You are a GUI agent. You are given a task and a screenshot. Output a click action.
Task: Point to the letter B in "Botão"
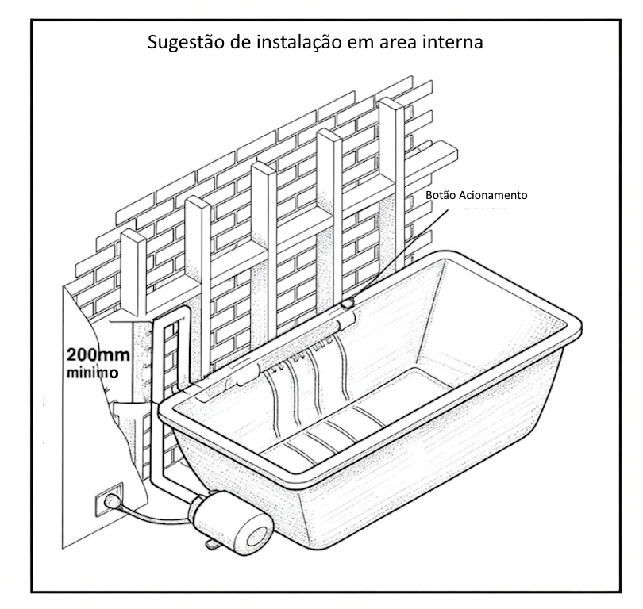pyautogui.click(x=429, y=195)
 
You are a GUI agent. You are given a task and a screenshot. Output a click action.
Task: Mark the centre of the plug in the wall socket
pyautogui.click(x=111, y=500)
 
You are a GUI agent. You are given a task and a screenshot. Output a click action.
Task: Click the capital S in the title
pyautogui.click(x=152, y=42)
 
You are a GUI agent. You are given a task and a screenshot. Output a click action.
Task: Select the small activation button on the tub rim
pyautogui.click(x=348, y=304)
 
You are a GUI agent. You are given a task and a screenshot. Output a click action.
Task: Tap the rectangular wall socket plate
pyautogui.click(x=109, y=500)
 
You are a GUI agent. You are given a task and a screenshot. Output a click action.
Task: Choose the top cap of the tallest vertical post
pyautogui.click(x=391, y=105)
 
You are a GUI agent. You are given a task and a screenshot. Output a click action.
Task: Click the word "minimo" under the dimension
pyautogui.click(x=92, y=373)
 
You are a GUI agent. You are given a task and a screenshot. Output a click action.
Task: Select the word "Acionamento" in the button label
pyautogui.click(x=493, y=195)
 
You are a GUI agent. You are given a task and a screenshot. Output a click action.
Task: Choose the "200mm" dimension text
pyautogui.click(x=98, y=354)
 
